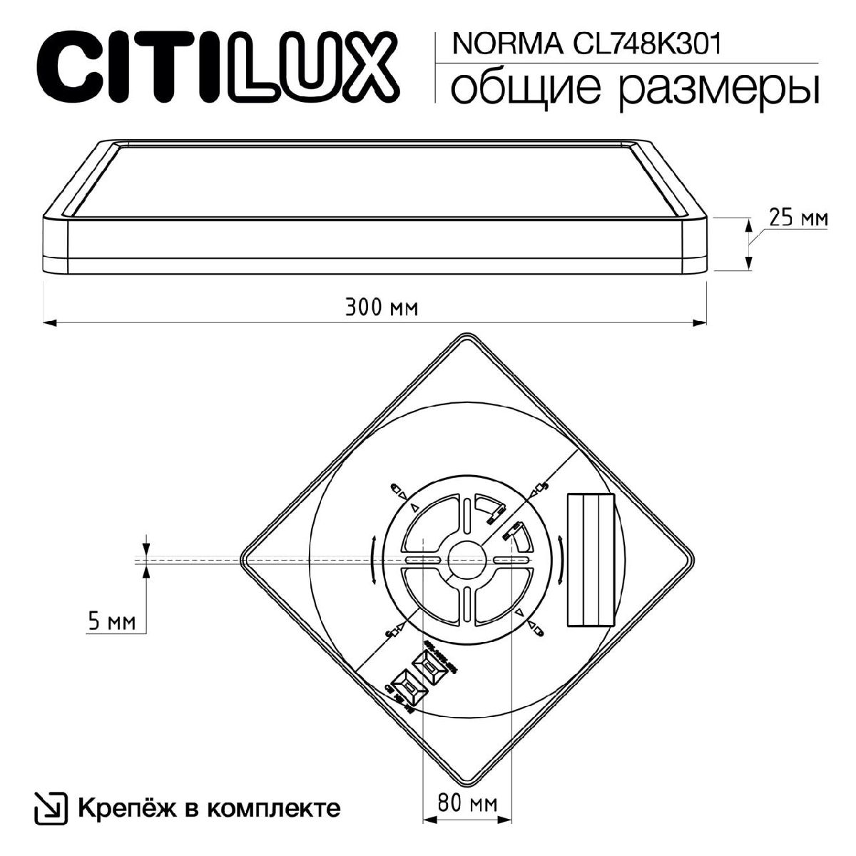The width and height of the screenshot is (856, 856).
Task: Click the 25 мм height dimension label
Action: click(x=798, y=218)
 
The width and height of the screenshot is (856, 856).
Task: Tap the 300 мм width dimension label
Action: click(x=381, y=308)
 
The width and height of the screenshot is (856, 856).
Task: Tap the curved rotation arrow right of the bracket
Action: click(x=561, y=561)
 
